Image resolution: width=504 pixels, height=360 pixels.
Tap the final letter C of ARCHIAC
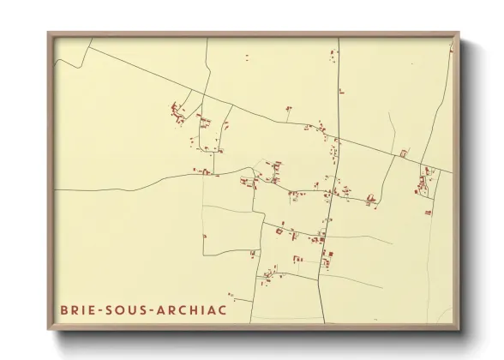(x=224, y=309)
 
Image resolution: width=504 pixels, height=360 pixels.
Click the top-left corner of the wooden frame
(x=48, y=33)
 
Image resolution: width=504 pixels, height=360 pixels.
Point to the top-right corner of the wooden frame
(x=460, y=33)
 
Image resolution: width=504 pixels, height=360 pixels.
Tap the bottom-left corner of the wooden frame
(x=48, y=329)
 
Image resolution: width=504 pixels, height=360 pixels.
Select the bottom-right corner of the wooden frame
(x=460, y=329)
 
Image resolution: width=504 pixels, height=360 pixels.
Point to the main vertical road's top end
(x=339, y=39)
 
